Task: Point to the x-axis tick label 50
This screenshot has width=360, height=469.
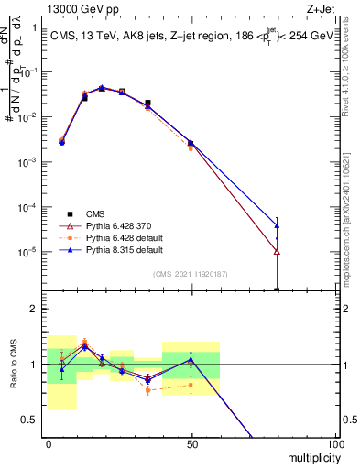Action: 191,443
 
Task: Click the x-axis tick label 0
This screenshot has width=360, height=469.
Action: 48,443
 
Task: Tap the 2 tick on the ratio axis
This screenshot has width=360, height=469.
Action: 35,309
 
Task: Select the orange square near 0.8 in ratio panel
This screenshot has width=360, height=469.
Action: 191,385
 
